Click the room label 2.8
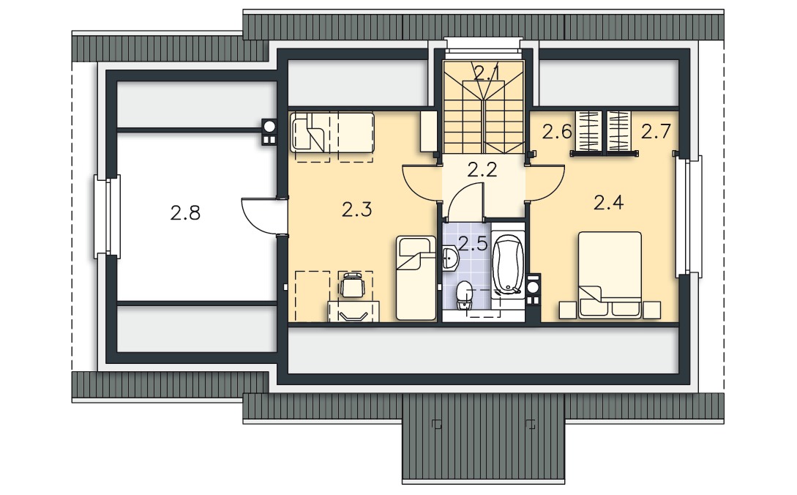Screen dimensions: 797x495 [x=185, y=212]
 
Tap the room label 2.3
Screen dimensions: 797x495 [x=356, y=209]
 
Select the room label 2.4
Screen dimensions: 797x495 [x=608, y=203]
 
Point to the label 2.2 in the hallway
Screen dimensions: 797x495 [x=482, y=169]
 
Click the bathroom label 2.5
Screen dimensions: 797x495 [x=473, y=244]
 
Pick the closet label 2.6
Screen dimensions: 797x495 [x=556, y=132]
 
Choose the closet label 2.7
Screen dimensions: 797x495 [x=656, y=131]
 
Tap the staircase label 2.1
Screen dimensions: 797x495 [x=485, y=72]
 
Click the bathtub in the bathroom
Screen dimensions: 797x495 [x=508, y=264]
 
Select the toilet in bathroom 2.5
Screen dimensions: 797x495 [x=463, y=295]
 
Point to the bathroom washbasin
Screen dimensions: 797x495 [x=450, y=258]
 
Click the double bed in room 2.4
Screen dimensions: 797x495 [x=610, y=275]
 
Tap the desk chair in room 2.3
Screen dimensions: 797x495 [x=352, y=285]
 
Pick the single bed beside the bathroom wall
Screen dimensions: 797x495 [x=416, y=278]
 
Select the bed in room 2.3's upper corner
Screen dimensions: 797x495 [x=332, y=133]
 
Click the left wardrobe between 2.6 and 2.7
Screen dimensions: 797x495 [x=588, y=131]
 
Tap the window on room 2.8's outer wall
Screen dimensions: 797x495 [x=108, y=217]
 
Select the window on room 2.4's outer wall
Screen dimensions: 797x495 [x=689, y=217]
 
